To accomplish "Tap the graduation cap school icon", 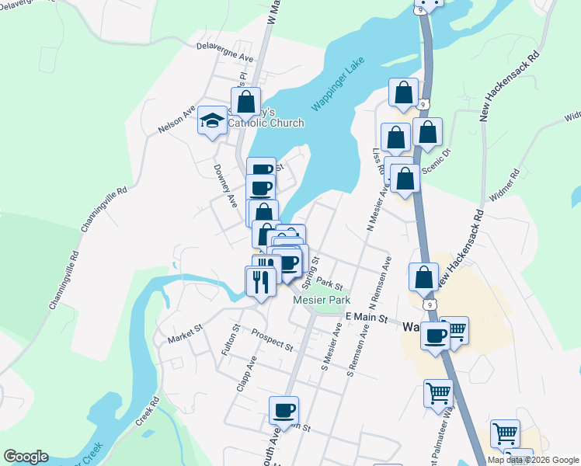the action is (x=211, y=120).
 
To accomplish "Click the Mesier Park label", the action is (x=322, y=300).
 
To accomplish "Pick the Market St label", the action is (x=185, y=333).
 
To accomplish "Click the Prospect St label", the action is (x=272, y=339).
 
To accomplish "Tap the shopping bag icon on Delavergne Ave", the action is (x=245, y=101).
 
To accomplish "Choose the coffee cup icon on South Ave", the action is (x=284, y=409).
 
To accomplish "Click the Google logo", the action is (x=26, y=457).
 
